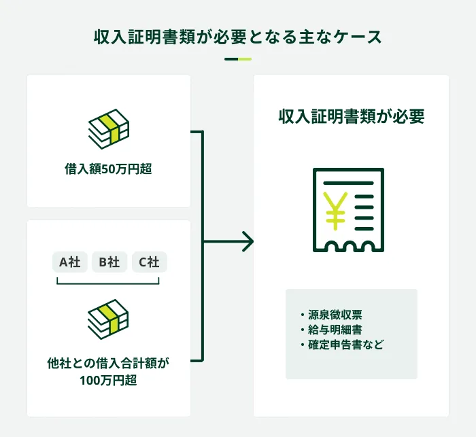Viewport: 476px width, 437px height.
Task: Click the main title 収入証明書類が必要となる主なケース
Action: [237, 37]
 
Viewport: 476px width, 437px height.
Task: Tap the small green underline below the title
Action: [237, 59]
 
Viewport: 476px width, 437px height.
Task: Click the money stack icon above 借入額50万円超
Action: [109, 128]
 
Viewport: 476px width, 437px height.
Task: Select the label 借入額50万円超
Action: [109, 169]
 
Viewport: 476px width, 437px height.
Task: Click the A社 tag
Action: [69, 262]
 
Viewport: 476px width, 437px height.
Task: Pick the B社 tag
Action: [109, 262]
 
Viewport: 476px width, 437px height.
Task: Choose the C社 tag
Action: [149, 262]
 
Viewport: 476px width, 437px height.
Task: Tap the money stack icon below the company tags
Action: [109, 317]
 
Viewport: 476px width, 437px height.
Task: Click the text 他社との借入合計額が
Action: [109, 364]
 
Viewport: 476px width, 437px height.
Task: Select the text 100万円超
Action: [109, 381]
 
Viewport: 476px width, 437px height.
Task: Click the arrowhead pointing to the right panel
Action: [248, 241]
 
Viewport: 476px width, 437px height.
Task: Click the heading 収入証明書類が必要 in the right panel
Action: [351, 117]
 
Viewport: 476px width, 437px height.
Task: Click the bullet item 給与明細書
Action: [334, 330]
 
